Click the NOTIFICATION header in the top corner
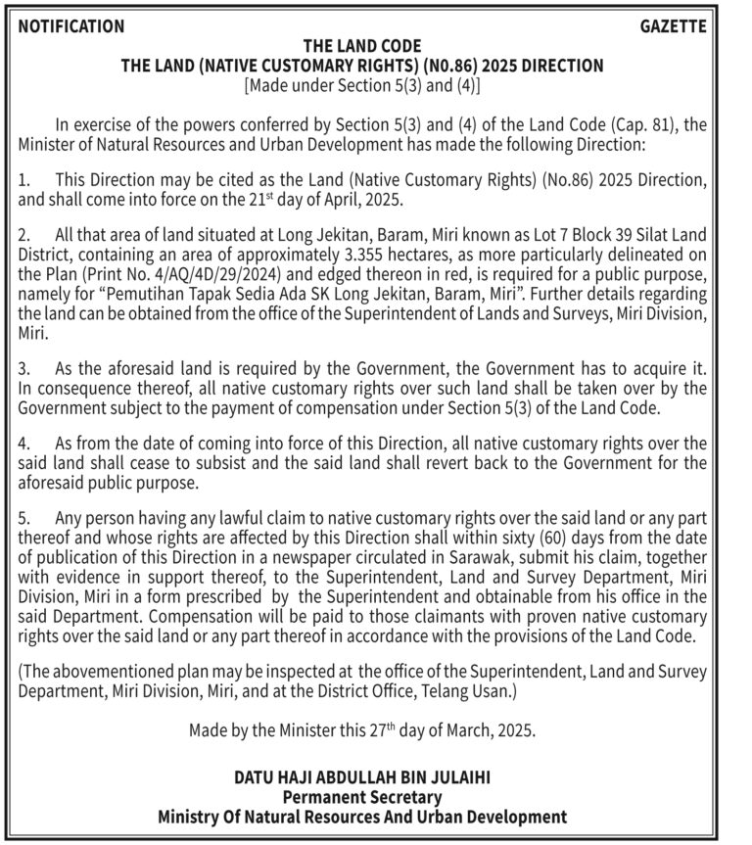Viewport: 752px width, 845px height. click(x=71, y=26)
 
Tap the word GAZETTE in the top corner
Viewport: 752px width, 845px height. click(x=673, y=26)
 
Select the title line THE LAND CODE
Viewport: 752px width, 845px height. click(x=362, y=46)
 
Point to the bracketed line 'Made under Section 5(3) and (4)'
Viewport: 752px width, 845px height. click(x=362, y=85)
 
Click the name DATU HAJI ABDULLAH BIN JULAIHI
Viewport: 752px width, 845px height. click(x=362, y=778)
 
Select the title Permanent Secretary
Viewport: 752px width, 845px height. click(x=362, y=797)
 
